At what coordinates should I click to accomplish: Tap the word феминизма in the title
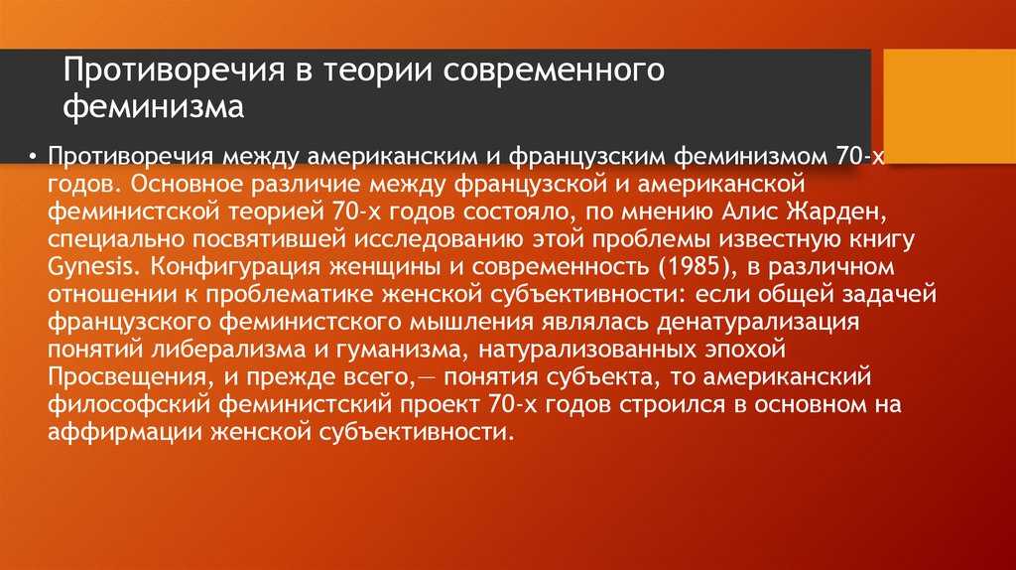pyautogui.click(x=154, y=105)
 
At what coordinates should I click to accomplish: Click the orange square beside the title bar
pyautogui.click(x=950, y=105)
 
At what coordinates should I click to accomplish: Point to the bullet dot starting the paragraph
pyautogui.click(x=32, y=157)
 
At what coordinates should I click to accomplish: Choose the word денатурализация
pyautogui.click(x=757, y=323)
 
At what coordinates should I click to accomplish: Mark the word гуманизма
pyautogui.click(x=407, y=351)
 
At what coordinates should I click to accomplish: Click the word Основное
pyautogui.click(x=186, y=184)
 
